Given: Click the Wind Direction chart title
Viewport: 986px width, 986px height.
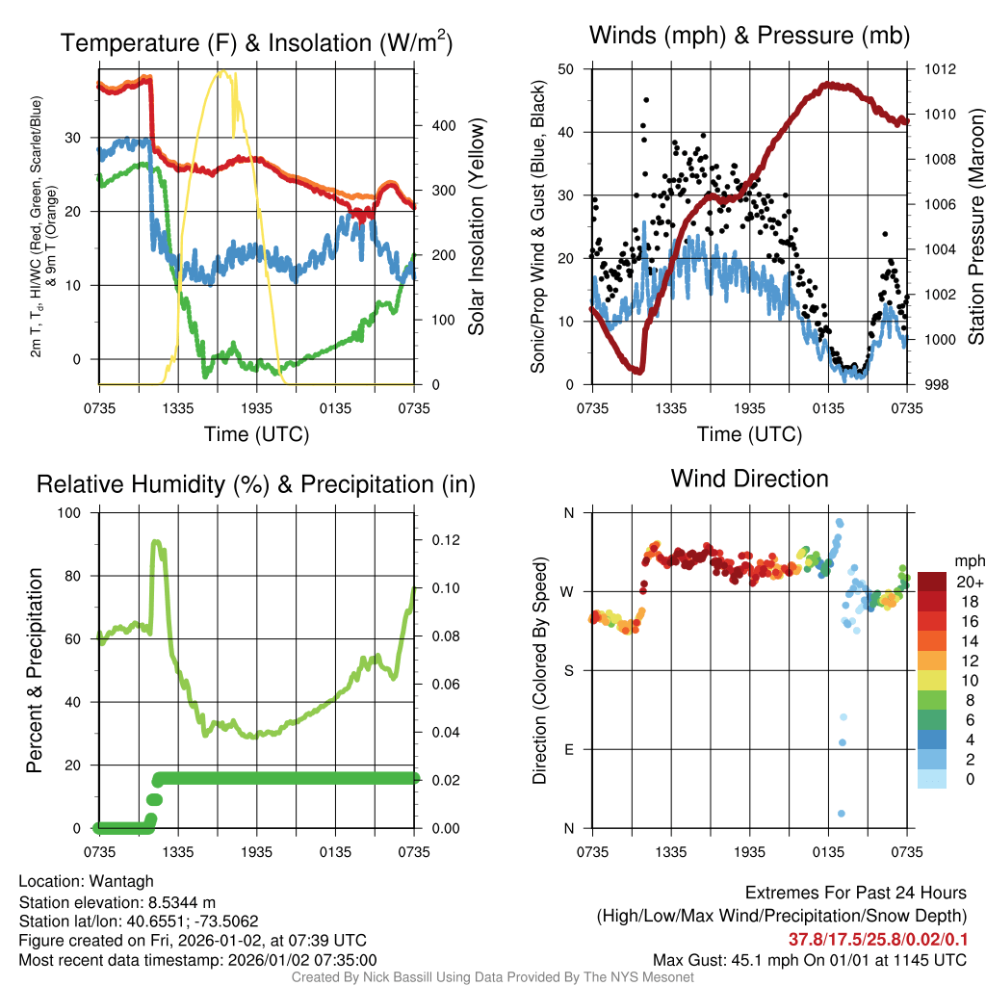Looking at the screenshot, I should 749,479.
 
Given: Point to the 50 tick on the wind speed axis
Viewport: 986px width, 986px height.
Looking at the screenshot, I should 566,69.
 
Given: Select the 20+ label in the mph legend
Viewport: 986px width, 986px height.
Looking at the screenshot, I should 968,583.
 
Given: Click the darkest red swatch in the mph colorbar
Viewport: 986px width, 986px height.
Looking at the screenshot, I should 931,583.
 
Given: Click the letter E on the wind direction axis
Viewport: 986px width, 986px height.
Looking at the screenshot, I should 568,749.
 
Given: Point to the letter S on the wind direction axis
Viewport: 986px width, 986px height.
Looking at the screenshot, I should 568,670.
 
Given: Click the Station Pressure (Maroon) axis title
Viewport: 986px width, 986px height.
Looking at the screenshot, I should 974,226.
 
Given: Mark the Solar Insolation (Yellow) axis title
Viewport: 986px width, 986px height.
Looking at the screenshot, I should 476,226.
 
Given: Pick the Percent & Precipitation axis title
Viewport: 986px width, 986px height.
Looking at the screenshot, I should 34,670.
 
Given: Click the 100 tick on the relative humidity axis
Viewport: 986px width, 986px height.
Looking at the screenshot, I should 69,513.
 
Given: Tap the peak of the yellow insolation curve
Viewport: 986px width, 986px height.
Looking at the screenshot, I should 223,71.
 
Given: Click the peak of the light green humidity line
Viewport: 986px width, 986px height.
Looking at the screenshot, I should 157,543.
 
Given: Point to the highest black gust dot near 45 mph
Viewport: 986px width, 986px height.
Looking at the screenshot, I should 646,100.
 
